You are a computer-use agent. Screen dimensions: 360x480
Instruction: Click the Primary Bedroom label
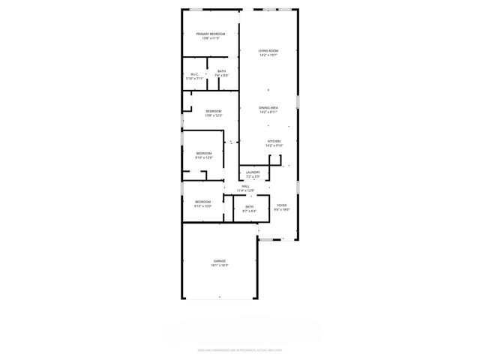click(x=211, y=34)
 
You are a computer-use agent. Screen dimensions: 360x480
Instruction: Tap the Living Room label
click(x=268, y=51)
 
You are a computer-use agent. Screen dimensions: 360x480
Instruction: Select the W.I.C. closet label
click(x=194, y=73)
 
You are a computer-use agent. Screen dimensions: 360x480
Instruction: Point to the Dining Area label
click(x=268, y=108)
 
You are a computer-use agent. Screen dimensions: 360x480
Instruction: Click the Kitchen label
click(x=274, y=142)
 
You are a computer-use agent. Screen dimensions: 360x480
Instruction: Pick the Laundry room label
click(x=253, y=172)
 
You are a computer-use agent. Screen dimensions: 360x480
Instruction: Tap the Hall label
click(x=245, y=186)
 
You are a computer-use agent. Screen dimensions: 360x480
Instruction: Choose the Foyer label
click(x=281, y=205)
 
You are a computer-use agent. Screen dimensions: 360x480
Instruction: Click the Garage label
click(x=219, y=261)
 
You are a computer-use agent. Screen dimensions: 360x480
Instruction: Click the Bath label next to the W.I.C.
click(x=221, y=71)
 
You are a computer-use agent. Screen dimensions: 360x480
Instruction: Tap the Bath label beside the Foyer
click(x=248, y=207)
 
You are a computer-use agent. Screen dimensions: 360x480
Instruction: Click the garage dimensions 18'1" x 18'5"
click(x=219, y=265)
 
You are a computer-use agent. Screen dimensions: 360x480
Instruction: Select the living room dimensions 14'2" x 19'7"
click(x=268, y=55)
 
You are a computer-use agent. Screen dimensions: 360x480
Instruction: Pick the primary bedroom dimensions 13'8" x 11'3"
click(x=211, y=38)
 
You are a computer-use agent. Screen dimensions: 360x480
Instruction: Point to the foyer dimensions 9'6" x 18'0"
click(x=281, y=209)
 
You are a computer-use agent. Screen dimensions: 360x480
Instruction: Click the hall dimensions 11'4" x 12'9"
click(x=245, y=190)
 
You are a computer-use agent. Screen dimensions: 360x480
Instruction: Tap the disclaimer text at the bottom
click(x=240, y=349)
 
